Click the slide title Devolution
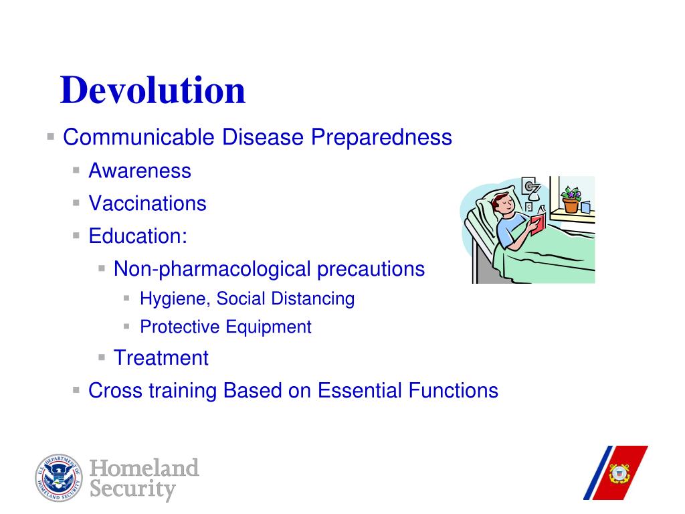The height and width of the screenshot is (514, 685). [153, 90]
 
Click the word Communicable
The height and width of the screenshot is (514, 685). [138, 137]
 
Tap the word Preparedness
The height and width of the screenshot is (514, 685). [381, 138]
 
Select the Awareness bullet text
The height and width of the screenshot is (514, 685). [140, 171]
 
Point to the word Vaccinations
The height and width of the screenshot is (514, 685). [147, 203]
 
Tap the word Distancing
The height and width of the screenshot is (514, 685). [313, 299]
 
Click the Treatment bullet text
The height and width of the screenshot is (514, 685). [161, 358]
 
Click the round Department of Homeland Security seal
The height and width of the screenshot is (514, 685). [59, 478]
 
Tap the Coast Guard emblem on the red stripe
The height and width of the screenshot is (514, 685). [619, 474]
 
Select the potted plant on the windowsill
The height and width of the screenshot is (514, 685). [571, 199]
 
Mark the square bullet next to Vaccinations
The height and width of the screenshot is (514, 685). [76, 203]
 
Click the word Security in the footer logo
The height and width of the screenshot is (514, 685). [133, 489]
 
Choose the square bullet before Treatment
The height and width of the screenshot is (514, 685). [102, 357]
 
